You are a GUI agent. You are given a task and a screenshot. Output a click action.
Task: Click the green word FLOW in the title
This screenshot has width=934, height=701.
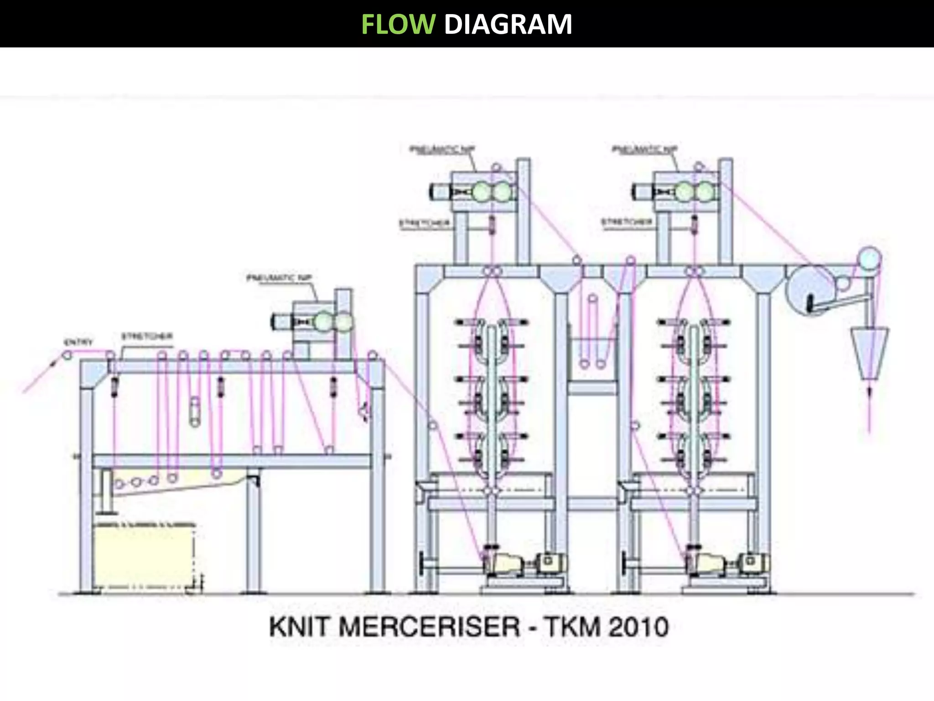[x=398, y=24]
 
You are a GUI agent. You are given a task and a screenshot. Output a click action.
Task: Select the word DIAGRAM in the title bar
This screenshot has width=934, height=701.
[x=508, y=24]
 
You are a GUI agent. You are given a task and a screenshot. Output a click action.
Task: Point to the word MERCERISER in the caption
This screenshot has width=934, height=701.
[x=429, y=627]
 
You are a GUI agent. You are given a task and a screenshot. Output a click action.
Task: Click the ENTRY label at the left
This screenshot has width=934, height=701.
[x=78, y=342]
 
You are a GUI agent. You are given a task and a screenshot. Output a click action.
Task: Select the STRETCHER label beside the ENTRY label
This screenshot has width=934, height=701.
[x=147, y=336]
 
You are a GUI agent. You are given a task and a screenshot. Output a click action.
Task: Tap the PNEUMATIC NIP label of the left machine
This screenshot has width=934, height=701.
[x=279, y=278]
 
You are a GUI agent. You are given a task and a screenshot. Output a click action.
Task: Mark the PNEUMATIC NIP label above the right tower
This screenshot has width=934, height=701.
[x=644, y=149]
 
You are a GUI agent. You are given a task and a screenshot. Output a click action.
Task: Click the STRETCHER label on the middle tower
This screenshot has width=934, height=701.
[x=424, y=223]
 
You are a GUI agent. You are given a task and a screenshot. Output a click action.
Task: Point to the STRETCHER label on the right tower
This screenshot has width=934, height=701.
[x=627, y=222]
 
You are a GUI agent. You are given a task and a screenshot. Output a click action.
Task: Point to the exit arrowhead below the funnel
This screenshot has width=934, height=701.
[x=869, y=392]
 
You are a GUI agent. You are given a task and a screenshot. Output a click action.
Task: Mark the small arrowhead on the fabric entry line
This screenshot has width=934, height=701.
[x=54, y=363]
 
